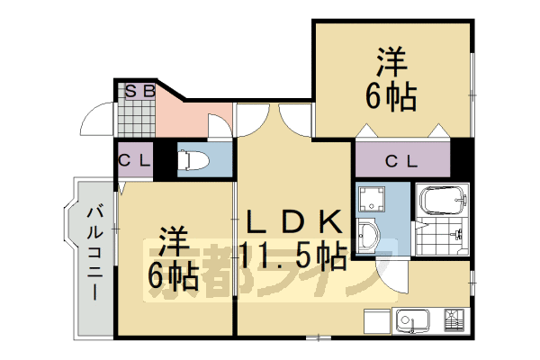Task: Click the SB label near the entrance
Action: [x=139, y=90]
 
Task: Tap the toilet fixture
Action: [x=194, y=160]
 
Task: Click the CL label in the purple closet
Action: [x=400, y=162]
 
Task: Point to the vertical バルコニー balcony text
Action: [x=94, y=252]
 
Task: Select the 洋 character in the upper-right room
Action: [x=391, y=63]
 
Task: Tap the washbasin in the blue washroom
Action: [x=369, y=238]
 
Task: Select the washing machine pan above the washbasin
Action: [x=370, y=199]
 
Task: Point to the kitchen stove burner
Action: [x=453, y=319]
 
